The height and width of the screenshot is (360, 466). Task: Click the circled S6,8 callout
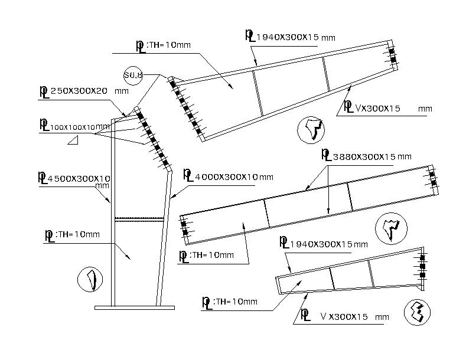click(x=133, y=75)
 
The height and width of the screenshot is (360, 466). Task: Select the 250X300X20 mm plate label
click(x=83, y=92)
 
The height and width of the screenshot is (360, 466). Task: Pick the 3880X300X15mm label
click(x=366, y=156)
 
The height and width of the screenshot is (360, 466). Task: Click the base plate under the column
click(x=135, y=307)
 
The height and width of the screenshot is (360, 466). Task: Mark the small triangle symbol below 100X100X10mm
click(x=74, y=140)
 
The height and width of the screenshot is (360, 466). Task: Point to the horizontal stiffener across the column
click(x=139, y=220)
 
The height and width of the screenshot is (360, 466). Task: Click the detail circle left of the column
click(x=90, y=280)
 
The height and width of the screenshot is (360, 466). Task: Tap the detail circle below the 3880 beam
click(x=389, y=228)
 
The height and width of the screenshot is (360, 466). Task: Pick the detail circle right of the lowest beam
click(x=418, y=312)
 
